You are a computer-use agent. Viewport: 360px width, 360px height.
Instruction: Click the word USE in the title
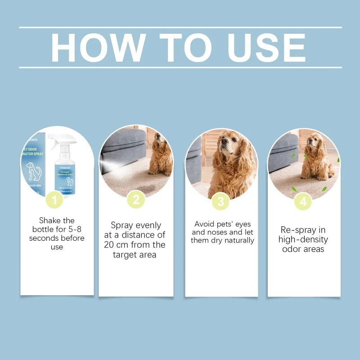265,47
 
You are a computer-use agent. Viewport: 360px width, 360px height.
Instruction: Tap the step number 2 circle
136,199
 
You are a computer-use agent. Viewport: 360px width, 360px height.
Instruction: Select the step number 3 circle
220,201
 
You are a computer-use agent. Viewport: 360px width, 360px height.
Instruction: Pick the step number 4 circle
303,201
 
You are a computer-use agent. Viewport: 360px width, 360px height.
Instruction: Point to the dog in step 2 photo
161,155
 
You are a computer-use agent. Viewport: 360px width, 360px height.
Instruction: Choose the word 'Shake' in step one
50,220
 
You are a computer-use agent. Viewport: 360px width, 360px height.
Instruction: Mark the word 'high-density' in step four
303,239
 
